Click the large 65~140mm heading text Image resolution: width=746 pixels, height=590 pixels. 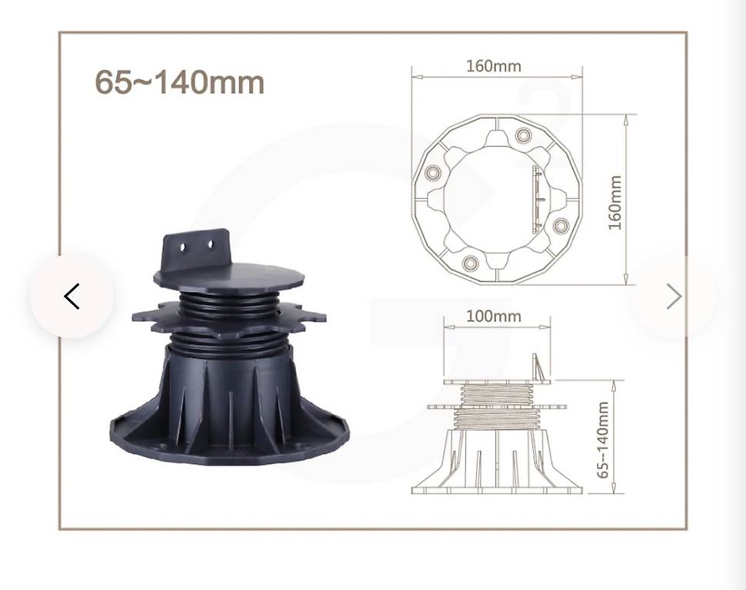point(179,82)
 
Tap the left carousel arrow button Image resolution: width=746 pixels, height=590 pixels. point(72,297)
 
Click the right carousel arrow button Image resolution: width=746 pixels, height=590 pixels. point(674,297)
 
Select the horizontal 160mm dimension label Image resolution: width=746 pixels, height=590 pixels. point(494,65)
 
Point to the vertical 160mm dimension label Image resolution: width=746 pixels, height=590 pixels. point(615,203)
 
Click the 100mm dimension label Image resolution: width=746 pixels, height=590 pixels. point(494,317)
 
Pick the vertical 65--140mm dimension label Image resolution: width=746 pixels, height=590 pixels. point(602,439)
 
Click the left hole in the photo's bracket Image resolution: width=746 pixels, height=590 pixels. point(183,247)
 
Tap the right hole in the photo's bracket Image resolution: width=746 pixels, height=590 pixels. point(211,244)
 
